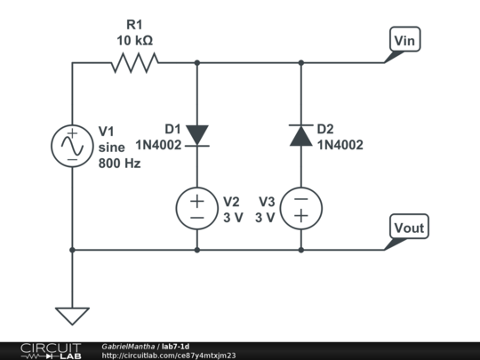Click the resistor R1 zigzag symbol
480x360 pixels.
click(x=135, y=63)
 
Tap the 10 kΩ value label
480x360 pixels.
click(x=135, y=40)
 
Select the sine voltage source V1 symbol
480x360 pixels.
click(x=72, y=146)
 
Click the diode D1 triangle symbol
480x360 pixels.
click(x=197, y=135)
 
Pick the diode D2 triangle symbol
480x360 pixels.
click(x=301, y=135)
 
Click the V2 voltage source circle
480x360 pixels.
click(x=197, y=209)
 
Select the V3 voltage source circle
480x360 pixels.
click(x=301, y=209)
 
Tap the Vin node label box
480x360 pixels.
click(x=404, y=39)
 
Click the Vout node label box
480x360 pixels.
click(x=409, y=227)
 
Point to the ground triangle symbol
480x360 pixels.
click(x=72, y=316)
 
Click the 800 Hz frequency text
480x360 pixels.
click(x=119, y=164)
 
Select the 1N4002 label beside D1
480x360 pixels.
click(x=158, y=145)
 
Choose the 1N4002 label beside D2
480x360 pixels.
click(x=340, y=145)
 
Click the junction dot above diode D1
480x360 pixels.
click(x=197, y=63)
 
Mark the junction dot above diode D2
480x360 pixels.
click(x=301, y=63)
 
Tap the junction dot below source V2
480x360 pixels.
click(x=197, y=250)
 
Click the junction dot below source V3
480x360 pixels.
click(x=301, y=250)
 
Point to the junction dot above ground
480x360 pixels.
click(x=72, y=250)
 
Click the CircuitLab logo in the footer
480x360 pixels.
click(x=51, y=351)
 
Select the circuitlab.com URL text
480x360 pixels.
click(x=169, y=356)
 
